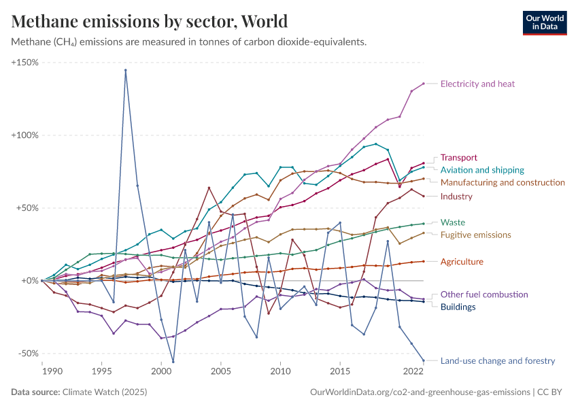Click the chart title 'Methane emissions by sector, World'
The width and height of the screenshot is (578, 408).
tap(150, 21)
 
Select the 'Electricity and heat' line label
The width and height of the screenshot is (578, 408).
tap(477, 84)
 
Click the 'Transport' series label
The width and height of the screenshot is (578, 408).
tap(459, 157)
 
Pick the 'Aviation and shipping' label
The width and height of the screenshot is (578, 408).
tap(482, 170)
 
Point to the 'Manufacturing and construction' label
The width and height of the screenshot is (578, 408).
tap(503, 182)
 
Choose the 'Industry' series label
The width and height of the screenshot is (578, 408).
tap(456, 197)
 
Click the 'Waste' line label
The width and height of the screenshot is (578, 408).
tap(453, 222)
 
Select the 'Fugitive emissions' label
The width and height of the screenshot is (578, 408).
tap(475, 235)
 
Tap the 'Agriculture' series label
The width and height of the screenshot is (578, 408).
tap(462, 261)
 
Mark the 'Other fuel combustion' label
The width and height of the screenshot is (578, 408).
tap(484, 294)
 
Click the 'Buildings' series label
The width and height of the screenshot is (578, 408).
tap(458, 307)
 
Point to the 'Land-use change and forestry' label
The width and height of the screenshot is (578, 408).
tap(498, 361)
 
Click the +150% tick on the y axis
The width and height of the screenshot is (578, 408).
tap(24, 63)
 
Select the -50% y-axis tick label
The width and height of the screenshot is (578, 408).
tap(27, 354)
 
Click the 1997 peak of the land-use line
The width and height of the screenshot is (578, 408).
tap(125, 70)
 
